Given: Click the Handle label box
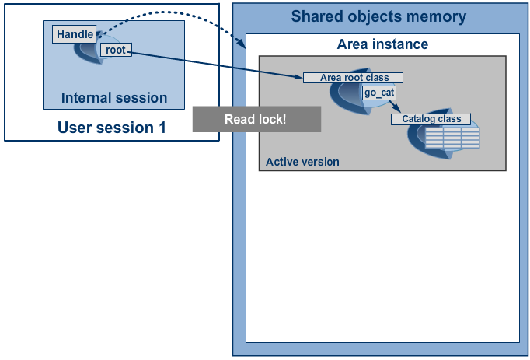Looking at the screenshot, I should [75, 34].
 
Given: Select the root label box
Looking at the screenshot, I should [116, 50].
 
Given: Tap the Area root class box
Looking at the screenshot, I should [354, 78].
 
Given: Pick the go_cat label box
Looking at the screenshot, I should [379, 93].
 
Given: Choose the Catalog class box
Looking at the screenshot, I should [431, 119].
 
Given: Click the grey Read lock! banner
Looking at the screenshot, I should [256, 119].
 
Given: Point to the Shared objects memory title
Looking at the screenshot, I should [378, 16].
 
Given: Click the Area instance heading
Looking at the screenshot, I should [382, 44].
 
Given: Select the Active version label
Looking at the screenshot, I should [302, 162].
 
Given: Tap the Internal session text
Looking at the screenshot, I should [114, 98].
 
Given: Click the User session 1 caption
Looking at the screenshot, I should [111, 128].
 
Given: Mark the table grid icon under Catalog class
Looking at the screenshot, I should [452, 138].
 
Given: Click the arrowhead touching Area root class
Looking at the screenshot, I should [298, 77].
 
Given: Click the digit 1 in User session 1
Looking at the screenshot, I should [162, 128].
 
